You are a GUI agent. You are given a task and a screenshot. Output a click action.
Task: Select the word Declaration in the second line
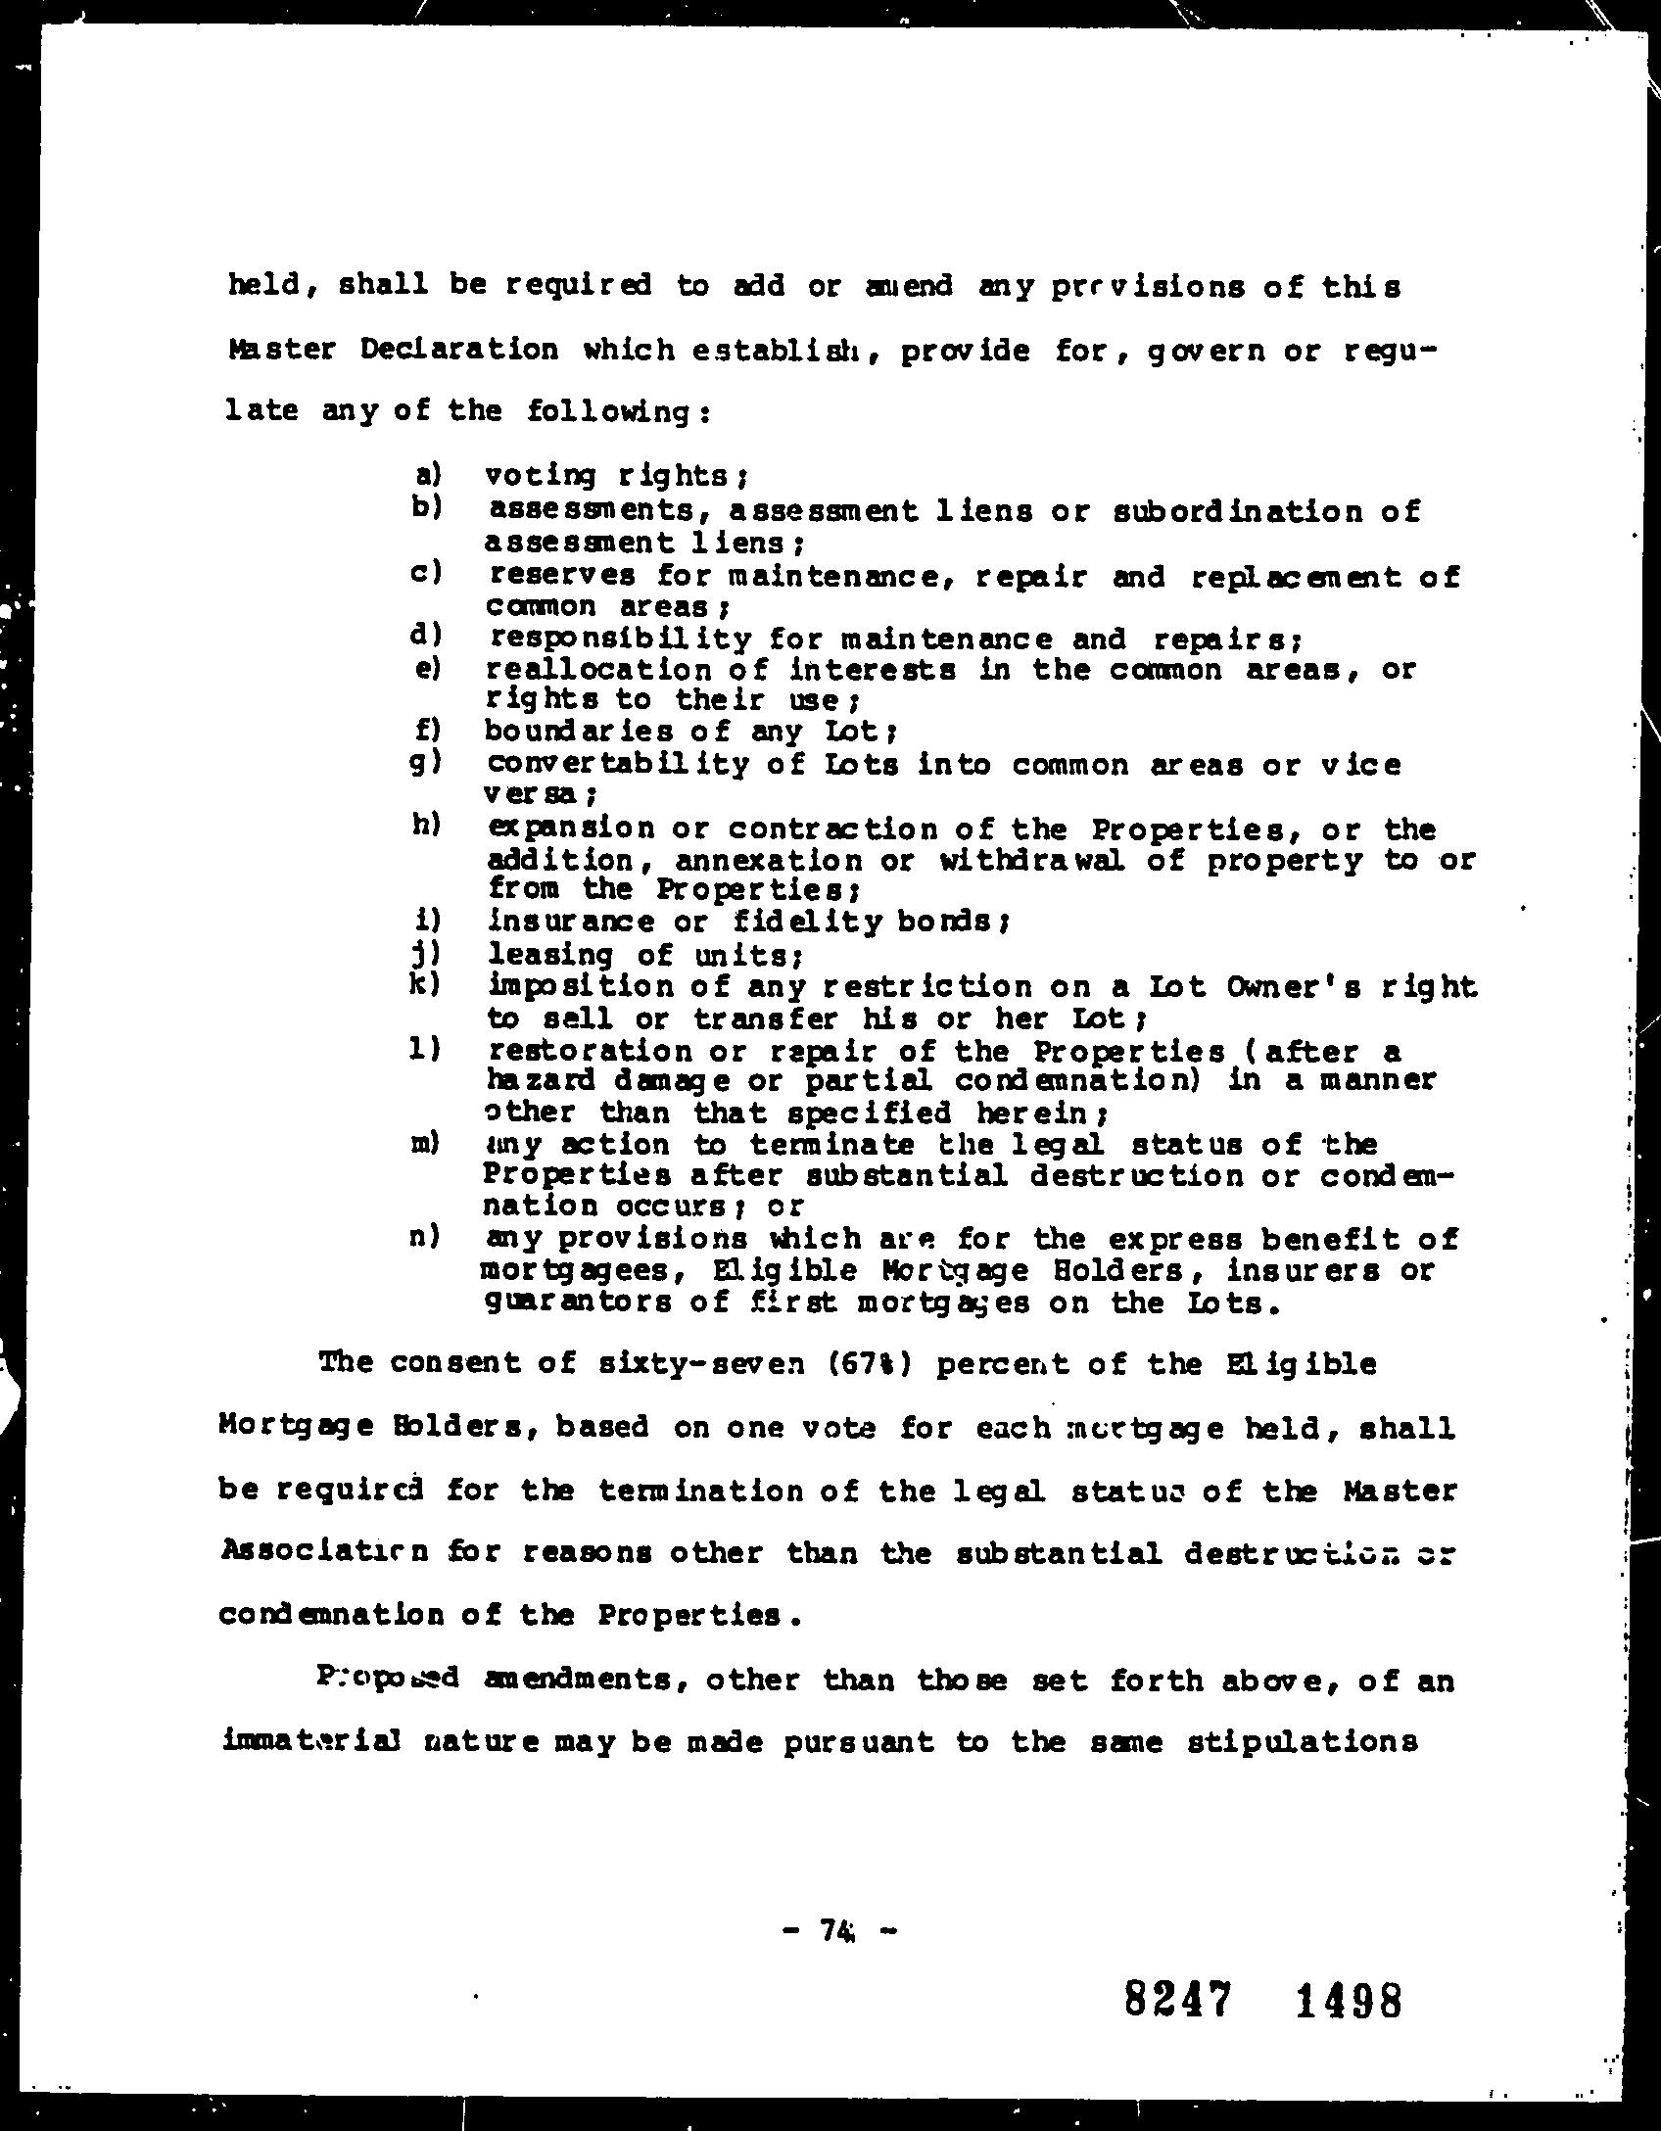click(x=458, y=350)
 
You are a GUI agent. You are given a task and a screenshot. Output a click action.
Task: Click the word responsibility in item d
click(x=621, y=639)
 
